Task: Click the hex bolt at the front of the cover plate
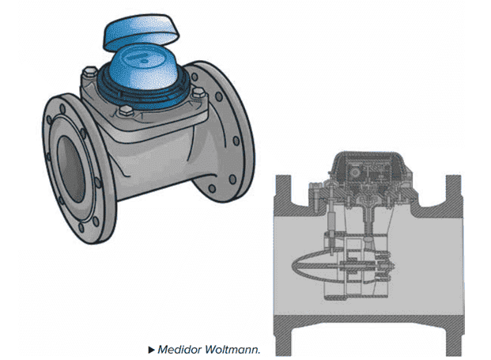127,111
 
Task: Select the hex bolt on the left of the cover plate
90,72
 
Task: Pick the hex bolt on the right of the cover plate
198,93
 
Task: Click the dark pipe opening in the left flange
71,169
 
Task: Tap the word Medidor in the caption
179,350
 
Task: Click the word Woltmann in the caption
232,350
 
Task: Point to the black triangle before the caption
151,350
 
